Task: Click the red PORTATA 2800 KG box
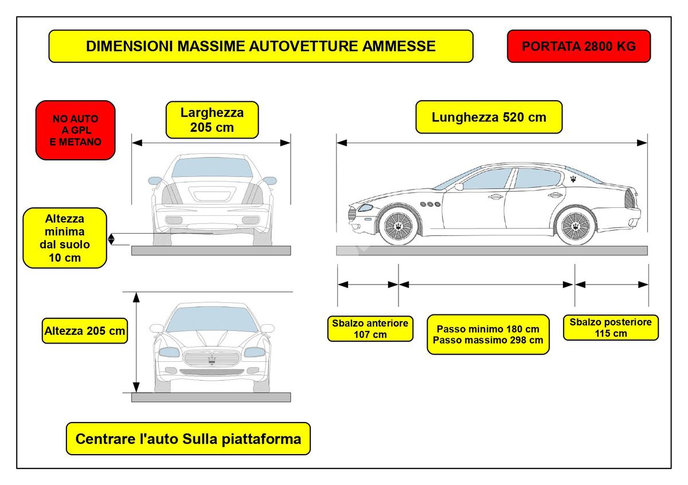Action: click(578, 46)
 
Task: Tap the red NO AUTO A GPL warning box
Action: click(75, 130)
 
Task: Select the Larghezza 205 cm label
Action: click(212, 120)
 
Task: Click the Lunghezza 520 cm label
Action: click(488, 117)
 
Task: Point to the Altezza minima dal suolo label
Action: click(65, 238)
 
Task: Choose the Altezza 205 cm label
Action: click(85, 331)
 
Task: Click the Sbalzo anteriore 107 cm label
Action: click(370, 329)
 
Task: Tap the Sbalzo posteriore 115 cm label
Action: click(610, 328)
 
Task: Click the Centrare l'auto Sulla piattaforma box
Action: click(188, 439)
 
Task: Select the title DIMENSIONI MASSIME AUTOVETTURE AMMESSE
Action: click(261, 46)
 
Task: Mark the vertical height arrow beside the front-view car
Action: click(136, 341)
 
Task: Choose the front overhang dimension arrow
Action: click(368, 284)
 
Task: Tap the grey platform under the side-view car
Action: click(491, 250)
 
